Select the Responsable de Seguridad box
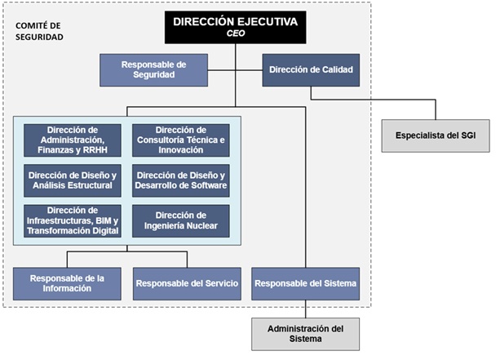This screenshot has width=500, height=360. [x=153, y=69]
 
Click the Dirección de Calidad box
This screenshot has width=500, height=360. [x=311, y=69]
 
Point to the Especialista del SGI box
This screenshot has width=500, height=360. [x=436, y=135]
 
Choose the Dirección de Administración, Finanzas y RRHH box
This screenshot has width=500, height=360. [x=73, y=140]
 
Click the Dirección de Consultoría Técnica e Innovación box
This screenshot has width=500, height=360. [x=180, y=140]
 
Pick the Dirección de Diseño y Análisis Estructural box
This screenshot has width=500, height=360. [x=73, y=180]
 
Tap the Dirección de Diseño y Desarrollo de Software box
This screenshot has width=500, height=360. [x=180, y=180]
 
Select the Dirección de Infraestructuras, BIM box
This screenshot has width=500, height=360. [x=73, y=220]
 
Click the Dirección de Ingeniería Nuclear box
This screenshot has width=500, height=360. [x=180, y=220]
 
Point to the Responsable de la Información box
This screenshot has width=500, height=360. [x=67, y=283]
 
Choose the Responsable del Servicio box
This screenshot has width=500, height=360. [x=188, y=283]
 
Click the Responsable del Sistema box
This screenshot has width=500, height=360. [x=306, y=283]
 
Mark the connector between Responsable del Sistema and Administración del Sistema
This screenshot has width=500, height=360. [x=306, y=309]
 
